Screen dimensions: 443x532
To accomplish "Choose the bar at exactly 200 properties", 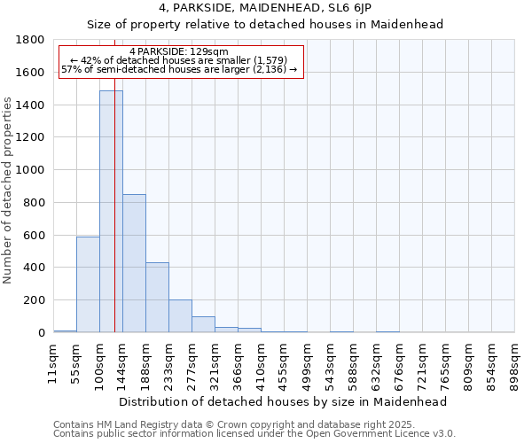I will pyautogui.click(x=180, y=315).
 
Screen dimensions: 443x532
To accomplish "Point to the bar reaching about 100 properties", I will pyautogui.click(x=203, y=324).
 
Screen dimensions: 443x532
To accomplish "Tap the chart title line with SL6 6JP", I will pyautogui.click(x=265, y=8).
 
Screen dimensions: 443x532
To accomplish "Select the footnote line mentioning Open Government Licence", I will pyautogui.click(x=254, y=434).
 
